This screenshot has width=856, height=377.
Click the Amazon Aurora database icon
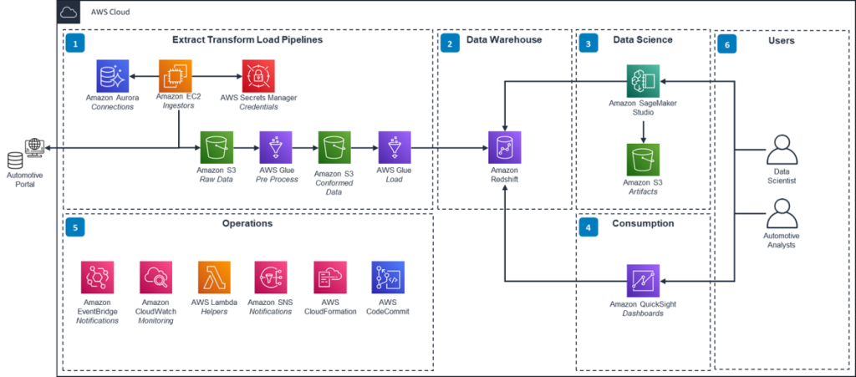coord(110,76)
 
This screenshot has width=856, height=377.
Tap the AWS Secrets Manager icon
coord(257,76)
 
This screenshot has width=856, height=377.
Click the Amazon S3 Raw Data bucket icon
coord(216,148)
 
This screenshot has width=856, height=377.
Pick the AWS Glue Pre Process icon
coord(275,148)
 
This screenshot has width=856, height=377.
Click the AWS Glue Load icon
coord(394,148)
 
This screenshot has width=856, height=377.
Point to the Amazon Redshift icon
coord(504,148)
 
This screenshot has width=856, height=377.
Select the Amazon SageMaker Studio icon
coord(643,81)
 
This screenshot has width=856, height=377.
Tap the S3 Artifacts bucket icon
coord(643,160)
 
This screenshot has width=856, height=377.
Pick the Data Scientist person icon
coord(782,152)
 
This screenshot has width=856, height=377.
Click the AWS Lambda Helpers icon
coord(214,277)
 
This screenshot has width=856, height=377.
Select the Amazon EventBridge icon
coord(97,277)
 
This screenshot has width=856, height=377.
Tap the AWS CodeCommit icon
coord(387,277)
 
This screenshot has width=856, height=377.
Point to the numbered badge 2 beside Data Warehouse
coord(450,43)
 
